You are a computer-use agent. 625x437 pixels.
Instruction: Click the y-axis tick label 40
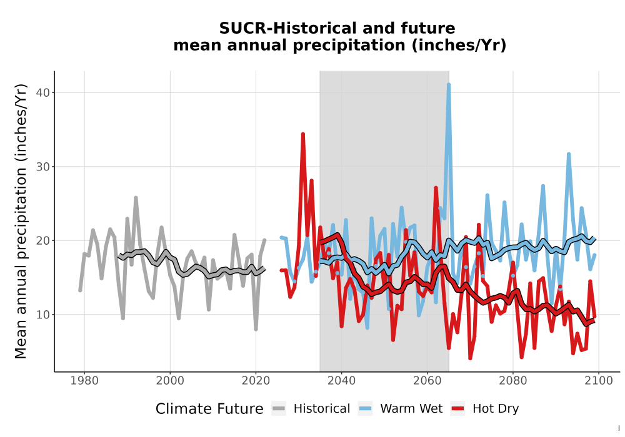point(42,93)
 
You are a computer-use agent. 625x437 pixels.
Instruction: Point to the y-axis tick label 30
point(42,167)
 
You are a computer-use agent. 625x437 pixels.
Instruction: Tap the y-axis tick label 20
point(42,241)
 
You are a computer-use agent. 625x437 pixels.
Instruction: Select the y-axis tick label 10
point(42,315)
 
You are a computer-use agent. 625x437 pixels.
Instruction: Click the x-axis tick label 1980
point(84,381)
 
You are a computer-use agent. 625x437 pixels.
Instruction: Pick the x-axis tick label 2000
point(170,381)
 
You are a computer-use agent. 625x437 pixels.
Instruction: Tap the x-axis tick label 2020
point(256,381)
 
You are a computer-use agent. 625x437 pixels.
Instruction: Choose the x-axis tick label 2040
point(342,381)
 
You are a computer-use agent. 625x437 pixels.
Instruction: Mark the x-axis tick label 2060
point(427,381)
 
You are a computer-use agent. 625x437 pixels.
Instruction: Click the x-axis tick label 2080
point(513,381)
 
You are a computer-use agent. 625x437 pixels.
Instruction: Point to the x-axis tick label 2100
point(599,381)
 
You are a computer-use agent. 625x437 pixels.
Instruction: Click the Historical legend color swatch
point(279,409)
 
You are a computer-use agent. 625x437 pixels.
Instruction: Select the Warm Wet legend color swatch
point(365,409)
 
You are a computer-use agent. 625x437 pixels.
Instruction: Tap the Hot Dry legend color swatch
point(457,409)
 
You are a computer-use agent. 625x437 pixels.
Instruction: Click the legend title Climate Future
point(209,409)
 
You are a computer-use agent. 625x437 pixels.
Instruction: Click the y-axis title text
point(21,221)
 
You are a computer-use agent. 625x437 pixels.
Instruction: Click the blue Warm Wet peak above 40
point(449,85)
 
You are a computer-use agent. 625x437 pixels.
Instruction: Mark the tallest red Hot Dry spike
point(303,134)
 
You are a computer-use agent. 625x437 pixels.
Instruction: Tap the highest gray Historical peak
point(136,198)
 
